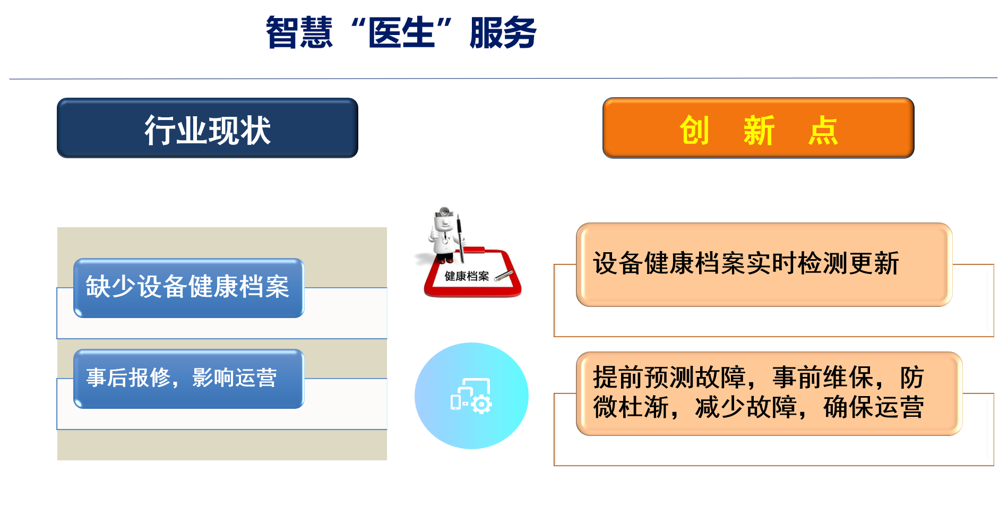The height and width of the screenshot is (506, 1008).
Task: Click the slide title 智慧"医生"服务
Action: (401, 33)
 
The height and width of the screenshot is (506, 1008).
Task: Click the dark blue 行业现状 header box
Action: (208, 128)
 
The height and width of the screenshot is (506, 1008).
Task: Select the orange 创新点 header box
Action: (759, 128)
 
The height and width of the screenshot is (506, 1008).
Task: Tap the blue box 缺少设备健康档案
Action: (188, 288)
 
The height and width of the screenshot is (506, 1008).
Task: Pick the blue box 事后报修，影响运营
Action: (188, 379)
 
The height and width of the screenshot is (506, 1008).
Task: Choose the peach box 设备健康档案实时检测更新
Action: (764, 264)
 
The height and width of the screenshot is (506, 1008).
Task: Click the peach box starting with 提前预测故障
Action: (769, 393)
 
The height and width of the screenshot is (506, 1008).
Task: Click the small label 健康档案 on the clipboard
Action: (467, 276)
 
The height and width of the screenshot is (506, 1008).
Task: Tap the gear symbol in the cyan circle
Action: (481, 405)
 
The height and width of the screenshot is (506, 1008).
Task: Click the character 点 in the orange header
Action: (823, 130)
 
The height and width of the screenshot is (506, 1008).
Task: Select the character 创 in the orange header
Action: (694, 130)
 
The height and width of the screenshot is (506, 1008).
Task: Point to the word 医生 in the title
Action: (401, 33)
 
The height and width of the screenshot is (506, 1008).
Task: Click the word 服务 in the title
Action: (503, 33)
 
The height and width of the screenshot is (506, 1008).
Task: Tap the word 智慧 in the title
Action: (299, 33)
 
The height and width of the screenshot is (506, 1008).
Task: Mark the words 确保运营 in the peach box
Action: (873, 407)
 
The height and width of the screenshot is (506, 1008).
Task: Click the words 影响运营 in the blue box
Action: (234, 378)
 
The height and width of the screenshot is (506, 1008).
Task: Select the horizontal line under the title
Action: (503, 79)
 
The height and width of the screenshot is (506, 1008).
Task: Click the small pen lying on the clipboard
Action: (504, 275)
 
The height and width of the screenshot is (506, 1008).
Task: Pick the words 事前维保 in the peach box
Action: (822, 378)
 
